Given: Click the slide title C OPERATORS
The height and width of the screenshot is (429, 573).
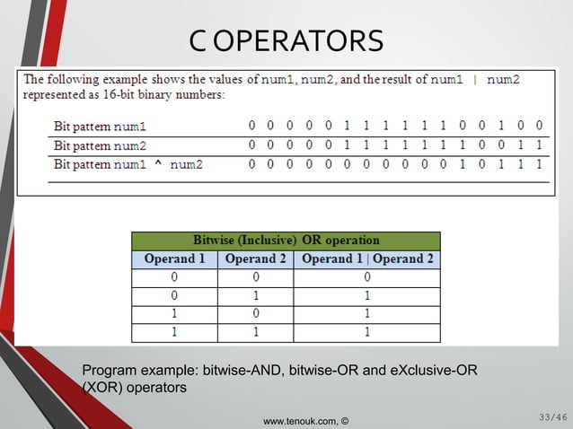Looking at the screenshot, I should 286,40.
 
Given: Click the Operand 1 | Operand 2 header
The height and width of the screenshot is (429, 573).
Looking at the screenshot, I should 368,259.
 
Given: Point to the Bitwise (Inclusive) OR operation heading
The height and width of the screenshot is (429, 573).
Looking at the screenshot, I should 286,241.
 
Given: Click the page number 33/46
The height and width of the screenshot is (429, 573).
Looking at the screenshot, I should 552,416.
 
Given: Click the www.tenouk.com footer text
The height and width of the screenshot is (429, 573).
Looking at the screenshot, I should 305,419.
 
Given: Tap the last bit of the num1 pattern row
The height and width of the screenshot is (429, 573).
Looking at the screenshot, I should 538,126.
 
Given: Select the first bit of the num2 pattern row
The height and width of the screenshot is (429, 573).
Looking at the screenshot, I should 251,145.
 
